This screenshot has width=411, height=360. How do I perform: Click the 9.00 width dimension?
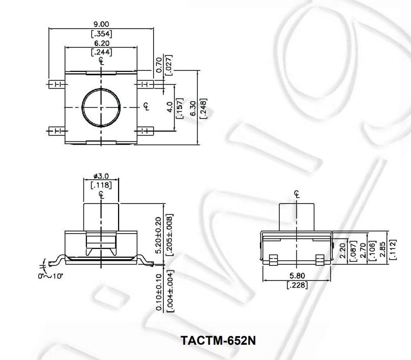(x=101, y=24)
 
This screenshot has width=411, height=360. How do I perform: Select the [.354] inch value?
(x=101, y=34)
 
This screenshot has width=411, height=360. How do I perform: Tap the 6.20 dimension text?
(x=101, y=43)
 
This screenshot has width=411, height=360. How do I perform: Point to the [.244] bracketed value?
(x=101, y=52)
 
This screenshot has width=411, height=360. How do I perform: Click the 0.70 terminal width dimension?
(x=159, y=65)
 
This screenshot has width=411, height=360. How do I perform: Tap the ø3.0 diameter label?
(x=101, y=176)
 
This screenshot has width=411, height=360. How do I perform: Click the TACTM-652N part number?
(x=214, y=340)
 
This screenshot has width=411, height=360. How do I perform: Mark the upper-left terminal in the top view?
(x=56, y=84)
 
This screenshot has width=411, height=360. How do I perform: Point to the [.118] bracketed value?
(x=101, y=185)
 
